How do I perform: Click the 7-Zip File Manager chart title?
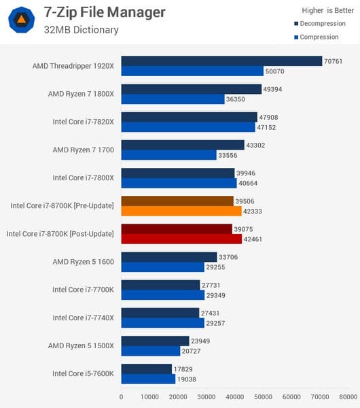point(104,12)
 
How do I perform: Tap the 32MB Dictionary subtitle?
point(81,30)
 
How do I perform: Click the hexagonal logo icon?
point(22,20)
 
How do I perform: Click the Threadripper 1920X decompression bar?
point(221,61)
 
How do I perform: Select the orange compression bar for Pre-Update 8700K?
point(181,211)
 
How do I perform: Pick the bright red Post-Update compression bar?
point(181,239)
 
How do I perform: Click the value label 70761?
point(334,61)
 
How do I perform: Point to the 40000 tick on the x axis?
point(235,396)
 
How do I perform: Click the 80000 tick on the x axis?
point(348,396)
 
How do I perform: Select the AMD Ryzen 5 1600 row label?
point(83,262)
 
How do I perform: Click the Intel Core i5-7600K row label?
point(83,373)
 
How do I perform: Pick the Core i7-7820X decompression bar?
point(189,117)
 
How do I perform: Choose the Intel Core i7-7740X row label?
point(83,318)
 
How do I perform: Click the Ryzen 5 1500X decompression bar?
point(155,341)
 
